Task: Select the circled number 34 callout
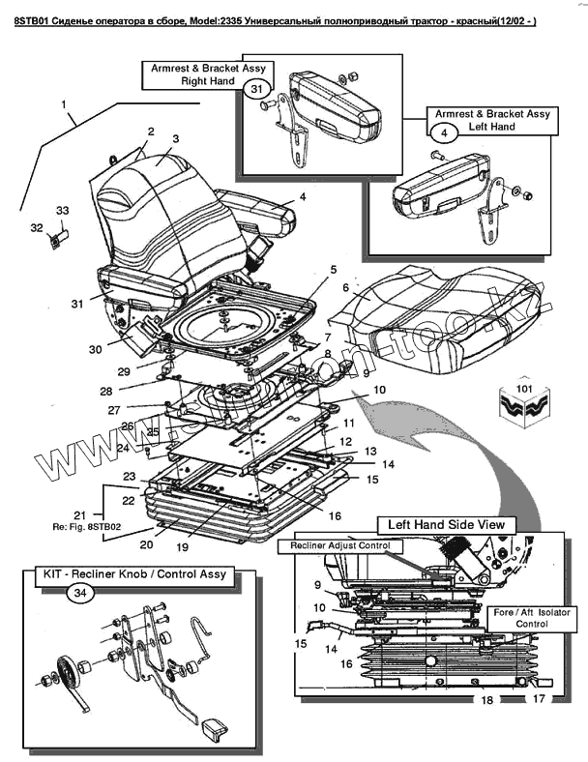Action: tap(80, 594)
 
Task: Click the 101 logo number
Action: tap(525, 391)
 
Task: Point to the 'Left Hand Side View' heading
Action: tap(446, 524)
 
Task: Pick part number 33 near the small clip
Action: tap(63, 210)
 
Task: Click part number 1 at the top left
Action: tap(64, 103)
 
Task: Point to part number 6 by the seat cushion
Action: tap(345, 287)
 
